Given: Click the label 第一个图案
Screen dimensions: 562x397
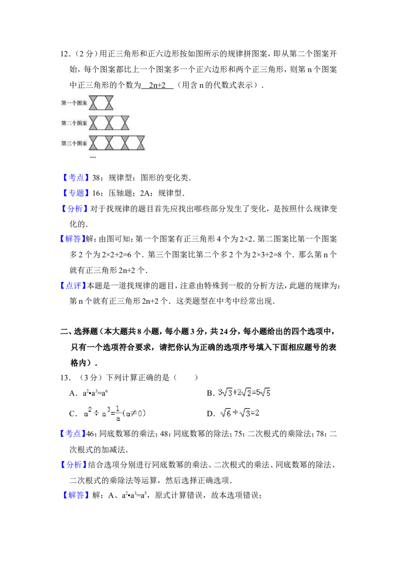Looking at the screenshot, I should tap(74, 103).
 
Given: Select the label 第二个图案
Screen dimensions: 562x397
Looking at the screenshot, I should tap(74, 123).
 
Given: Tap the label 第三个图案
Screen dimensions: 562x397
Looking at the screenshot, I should tap(74, 143).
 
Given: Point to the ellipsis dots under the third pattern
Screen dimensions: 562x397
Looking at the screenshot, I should tap(93, 157).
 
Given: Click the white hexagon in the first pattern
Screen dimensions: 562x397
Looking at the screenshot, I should tap(101, 103).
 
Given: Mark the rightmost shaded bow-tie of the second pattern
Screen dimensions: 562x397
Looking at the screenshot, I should tap(125, 122).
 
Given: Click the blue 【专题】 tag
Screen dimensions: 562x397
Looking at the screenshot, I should tap(76, 193).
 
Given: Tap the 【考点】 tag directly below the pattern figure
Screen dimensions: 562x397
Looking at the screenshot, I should tap(76, 177).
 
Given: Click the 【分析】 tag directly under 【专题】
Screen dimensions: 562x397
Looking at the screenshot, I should tap(73, 209).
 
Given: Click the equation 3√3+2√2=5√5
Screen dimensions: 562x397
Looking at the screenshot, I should tap(244, 392).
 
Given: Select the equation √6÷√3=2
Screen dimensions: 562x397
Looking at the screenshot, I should tap(240, 413).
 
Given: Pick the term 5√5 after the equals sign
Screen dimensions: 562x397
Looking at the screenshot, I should tap(265, 392).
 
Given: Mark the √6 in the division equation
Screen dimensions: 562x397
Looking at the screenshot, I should tap(225, 413).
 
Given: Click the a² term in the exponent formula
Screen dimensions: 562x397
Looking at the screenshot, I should tap(87, 413).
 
